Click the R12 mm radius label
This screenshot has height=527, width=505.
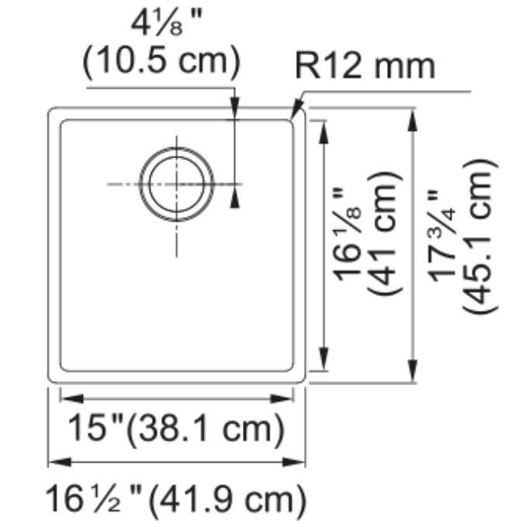(x=365, y=67)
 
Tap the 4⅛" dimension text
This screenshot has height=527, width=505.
(x=167, y=23)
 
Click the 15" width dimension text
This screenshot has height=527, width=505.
(x=95, y=428)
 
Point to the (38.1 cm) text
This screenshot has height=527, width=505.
(x=206, y=430)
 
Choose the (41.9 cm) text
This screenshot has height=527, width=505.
(x=227, y=501)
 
